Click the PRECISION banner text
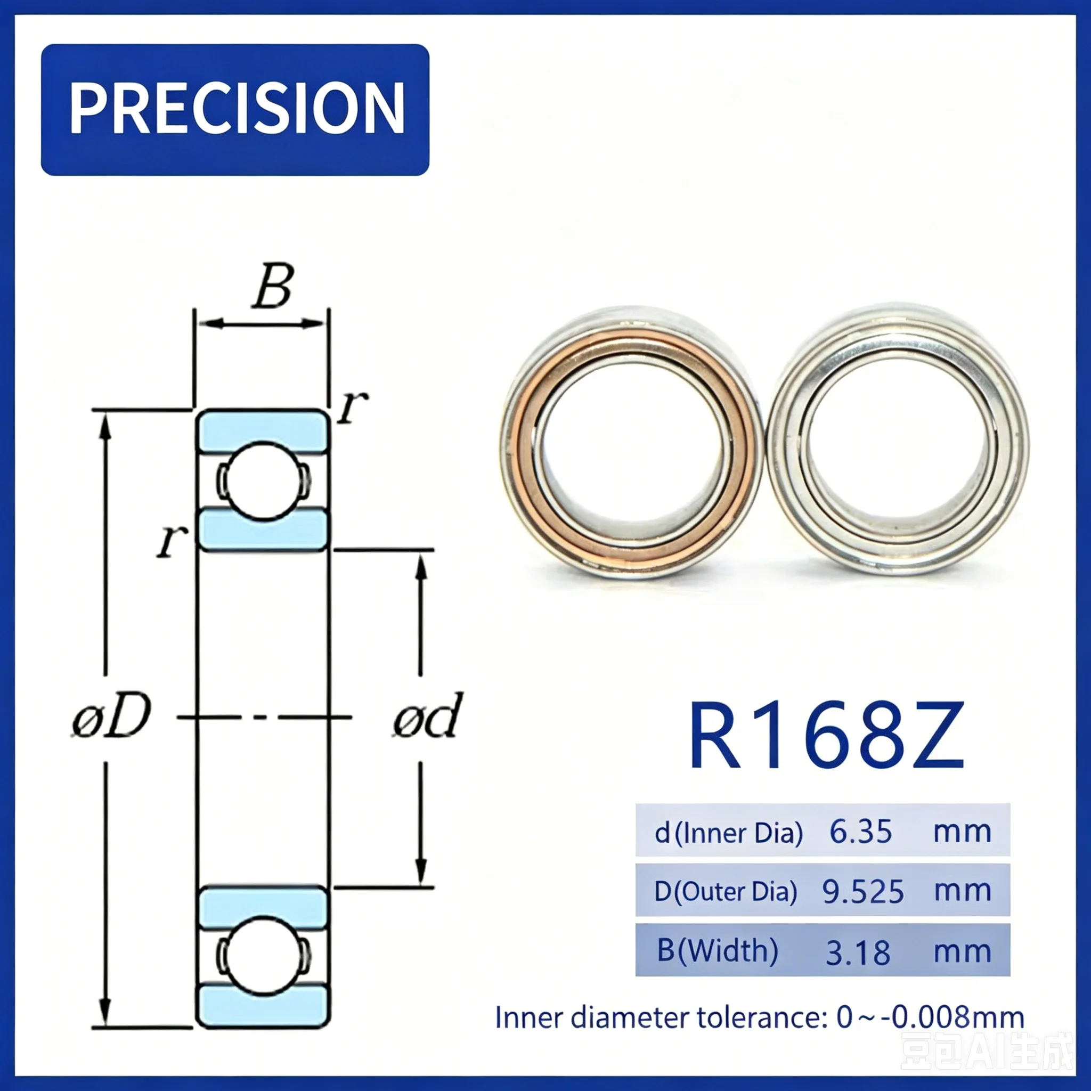(237, 108)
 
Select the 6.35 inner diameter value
(861, 832)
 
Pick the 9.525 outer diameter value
(863, 892)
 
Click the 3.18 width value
(858, 953)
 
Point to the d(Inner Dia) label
(728, 833)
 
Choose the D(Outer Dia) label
(726, 893)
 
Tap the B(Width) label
(718, 951)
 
